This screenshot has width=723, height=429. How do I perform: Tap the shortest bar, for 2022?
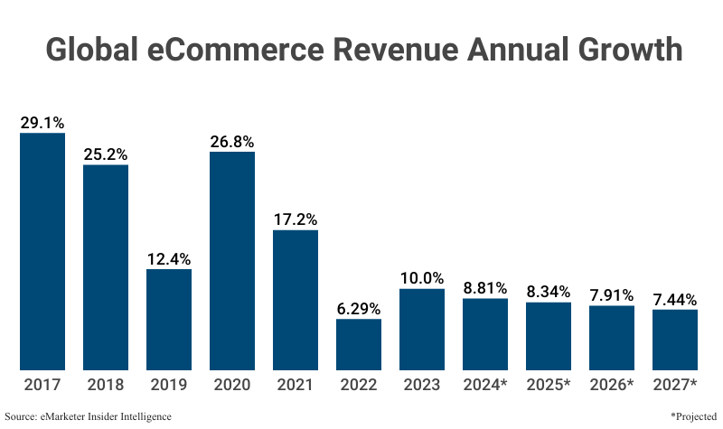(359, 344)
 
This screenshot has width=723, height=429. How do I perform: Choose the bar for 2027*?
(675, 340)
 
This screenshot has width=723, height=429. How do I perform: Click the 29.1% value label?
(42, 122)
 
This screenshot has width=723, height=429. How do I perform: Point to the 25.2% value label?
(106, 153)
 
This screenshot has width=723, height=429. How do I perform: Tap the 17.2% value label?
(296, 219)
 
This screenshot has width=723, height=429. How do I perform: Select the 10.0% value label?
(422, 277)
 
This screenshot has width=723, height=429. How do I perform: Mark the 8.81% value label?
(485, 286)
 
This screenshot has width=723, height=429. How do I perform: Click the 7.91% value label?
(612, 294)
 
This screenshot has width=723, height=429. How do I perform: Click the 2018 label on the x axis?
(106, 385)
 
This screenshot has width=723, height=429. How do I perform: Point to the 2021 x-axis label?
(296, 385)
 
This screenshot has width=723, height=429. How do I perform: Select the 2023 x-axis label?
(422, 385)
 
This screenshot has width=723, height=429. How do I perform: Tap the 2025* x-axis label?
(549, 385)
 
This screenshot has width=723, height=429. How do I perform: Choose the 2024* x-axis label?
(485, 385)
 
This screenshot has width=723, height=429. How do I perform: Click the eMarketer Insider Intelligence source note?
(88, 416)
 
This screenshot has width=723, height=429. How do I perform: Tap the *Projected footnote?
(693, 416)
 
